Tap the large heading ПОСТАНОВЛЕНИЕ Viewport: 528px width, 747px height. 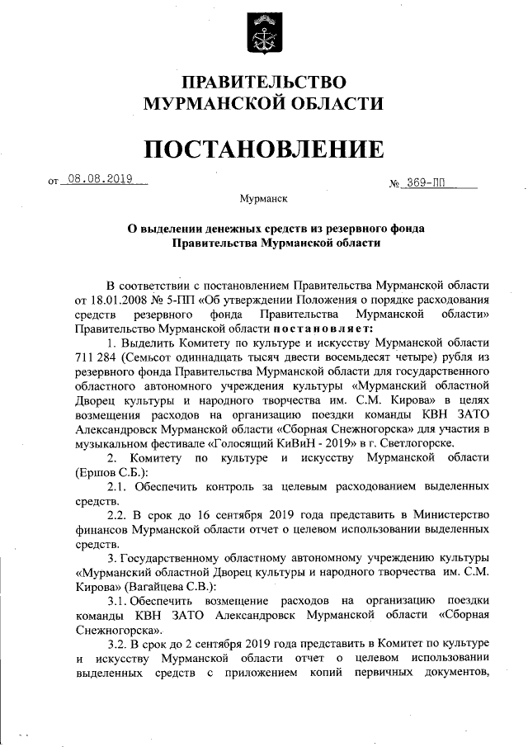pos(264,149)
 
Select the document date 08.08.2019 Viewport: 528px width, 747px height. pos(101,178)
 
